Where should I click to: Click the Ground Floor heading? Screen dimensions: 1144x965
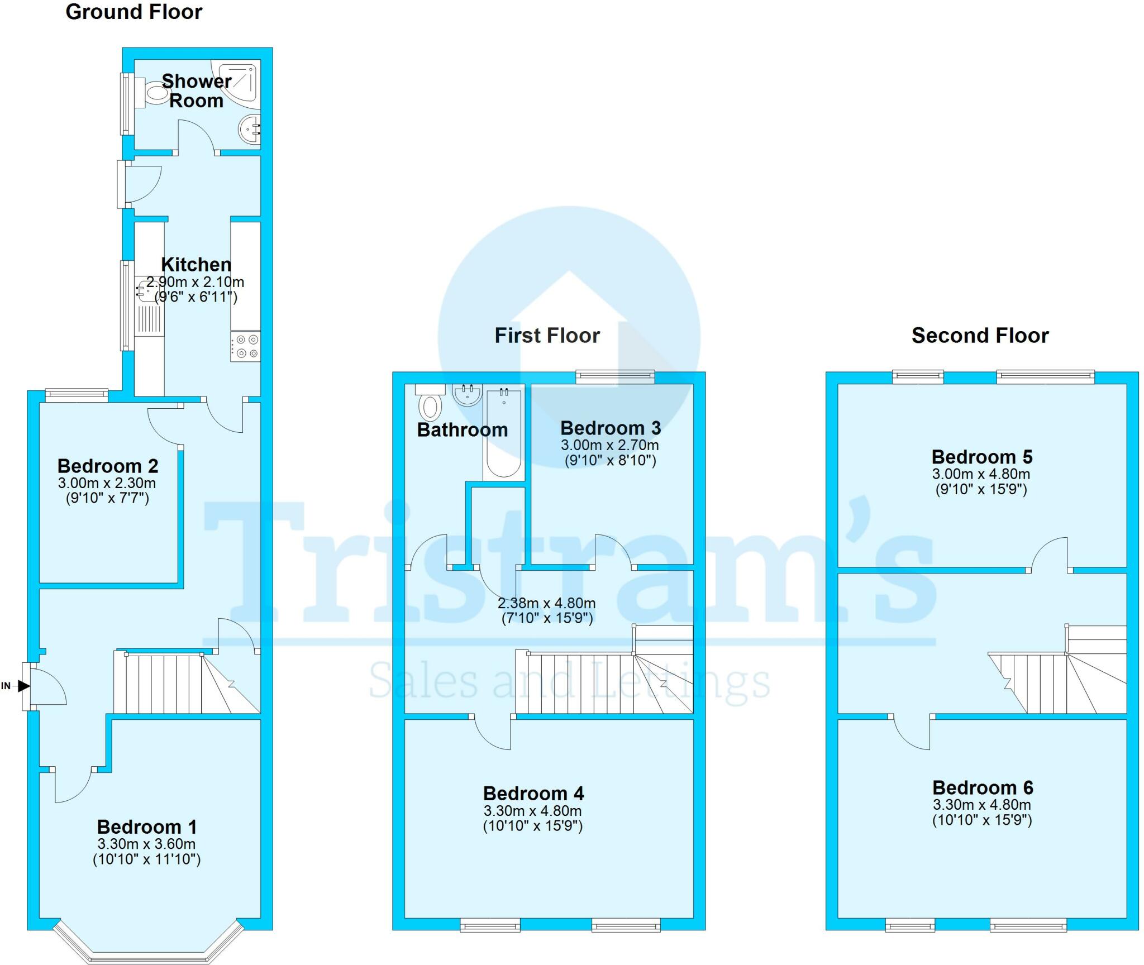coord(134,12)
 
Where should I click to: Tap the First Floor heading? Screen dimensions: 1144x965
coord(547,335)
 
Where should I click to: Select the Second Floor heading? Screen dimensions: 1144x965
coord(980,335)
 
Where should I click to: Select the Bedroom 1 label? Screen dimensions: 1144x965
coord(147,827)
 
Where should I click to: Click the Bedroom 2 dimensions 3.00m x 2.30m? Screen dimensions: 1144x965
coord(107,482)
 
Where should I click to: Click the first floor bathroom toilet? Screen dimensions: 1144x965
coord(430,402)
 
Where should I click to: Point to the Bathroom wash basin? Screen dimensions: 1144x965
coord(468,394)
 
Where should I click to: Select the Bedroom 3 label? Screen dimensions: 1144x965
coord(611,428)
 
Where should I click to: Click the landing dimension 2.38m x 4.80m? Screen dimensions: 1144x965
coord(547,603)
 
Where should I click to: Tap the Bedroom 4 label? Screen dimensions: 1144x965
coord(533,793)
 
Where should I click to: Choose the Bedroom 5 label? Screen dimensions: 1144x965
coord(982,457)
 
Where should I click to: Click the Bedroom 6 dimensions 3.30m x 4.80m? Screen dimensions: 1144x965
coord(982,805)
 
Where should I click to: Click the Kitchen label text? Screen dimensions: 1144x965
coord(196,264)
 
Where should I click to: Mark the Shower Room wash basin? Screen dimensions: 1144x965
coord(250,130)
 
